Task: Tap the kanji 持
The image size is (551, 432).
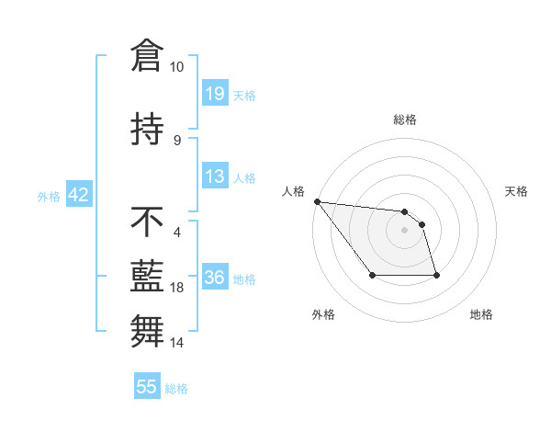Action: tap(147, 130)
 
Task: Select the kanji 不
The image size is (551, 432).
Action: tap(147, 221)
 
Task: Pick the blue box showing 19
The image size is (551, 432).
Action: tap(215, 94)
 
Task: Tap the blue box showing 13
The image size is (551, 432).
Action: tap(215, 176)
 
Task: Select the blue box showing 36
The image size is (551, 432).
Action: tap(215, 278)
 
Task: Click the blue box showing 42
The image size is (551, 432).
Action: tap(78, 195)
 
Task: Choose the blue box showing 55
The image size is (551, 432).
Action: tap(147, 387)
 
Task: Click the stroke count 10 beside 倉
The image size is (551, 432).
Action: tap(177, 67)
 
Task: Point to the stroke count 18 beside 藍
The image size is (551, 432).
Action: tap(177, 288)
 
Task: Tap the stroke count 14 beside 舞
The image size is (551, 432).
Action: tap(177, 343)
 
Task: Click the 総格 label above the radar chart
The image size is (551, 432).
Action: tap(404, 119)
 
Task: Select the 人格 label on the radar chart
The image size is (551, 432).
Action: tap(294, 191)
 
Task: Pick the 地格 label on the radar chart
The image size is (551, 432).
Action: tap(481, 314)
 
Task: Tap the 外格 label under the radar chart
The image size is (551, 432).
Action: tap(323, 314)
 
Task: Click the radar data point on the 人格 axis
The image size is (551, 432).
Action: tap(317, 201)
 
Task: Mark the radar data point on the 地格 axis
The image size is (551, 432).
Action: tap(436, 275)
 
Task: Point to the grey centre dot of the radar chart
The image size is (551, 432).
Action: tap(404, 230)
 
